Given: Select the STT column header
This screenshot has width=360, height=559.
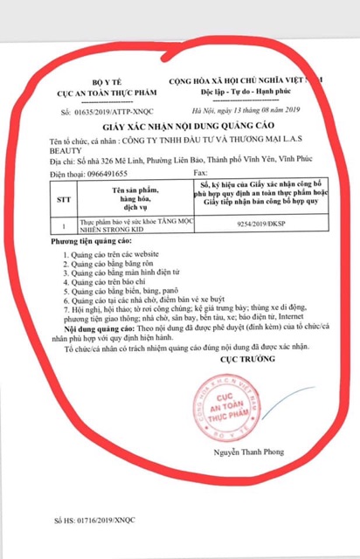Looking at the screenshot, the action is tap(61, 197).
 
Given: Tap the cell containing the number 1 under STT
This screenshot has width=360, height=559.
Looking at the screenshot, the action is tap(61, 224).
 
